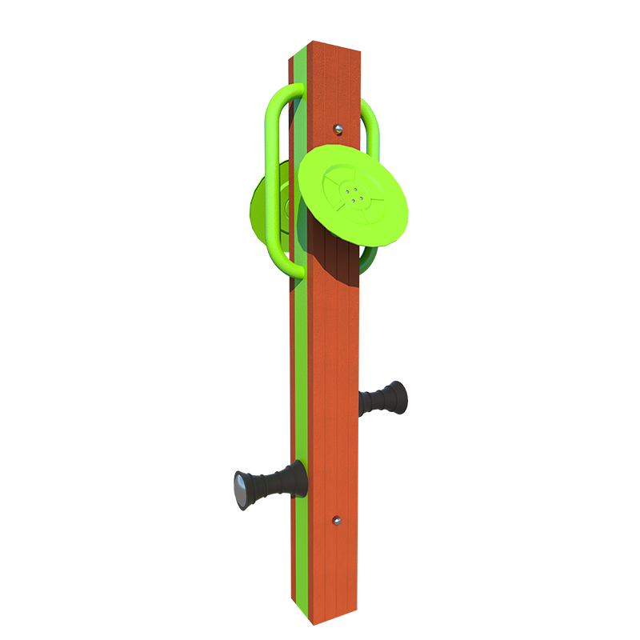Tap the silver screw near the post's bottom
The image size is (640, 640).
[x=338, y=521]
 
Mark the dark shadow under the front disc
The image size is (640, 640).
[x=336, y=264]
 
